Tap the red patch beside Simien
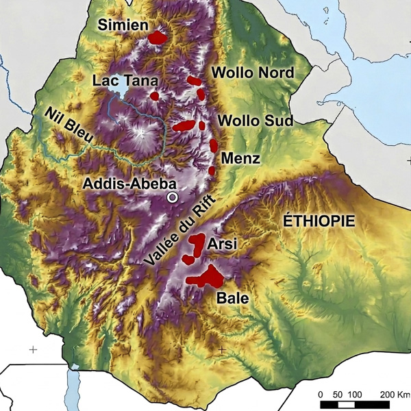click(x=158, y=37)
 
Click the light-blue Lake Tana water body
click(x=120, y=103)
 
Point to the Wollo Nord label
click(x=253, y=73)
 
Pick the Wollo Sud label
click(x=255, y=121)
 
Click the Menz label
click(x=241, y=160)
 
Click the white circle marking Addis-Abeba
click(x=173, y=197)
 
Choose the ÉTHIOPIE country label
click(x=319, y=221)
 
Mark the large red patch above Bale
click(x=206, y=277)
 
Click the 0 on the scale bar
click(x=321, y=395)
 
